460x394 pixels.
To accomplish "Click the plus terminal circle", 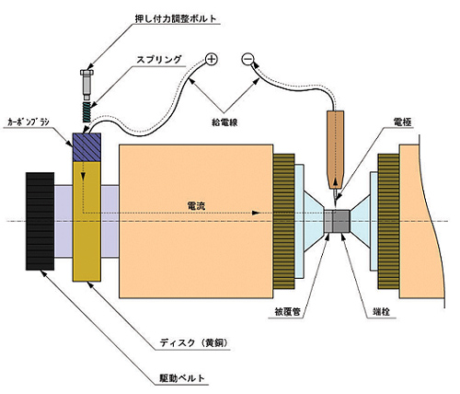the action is (212, 59).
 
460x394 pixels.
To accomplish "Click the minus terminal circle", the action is (247, 59).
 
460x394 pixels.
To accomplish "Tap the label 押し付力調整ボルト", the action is (176, 18).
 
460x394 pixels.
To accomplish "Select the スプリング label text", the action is (159, 59).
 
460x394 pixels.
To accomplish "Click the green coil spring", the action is (86, 111).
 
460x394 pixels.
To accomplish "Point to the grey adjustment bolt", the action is (86, 85).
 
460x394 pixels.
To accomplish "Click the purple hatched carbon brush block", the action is (86, 147).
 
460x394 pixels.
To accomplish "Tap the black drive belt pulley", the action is (40, 221).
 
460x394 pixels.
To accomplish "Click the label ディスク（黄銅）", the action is (194, 342).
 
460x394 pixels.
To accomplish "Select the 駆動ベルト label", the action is (182, 378).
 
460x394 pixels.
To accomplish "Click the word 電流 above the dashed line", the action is (196, 206).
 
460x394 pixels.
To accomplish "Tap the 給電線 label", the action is (224, 122).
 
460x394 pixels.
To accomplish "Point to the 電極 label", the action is (402, 122).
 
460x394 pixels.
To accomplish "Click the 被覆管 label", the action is (287, 312).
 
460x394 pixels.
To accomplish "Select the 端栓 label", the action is (381, 312).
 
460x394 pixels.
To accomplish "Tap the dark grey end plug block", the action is (341, 221).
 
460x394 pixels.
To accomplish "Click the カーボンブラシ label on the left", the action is (29, 122).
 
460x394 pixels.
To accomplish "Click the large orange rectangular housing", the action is (196, 221).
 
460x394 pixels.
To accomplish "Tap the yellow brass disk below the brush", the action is (86, 221).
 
